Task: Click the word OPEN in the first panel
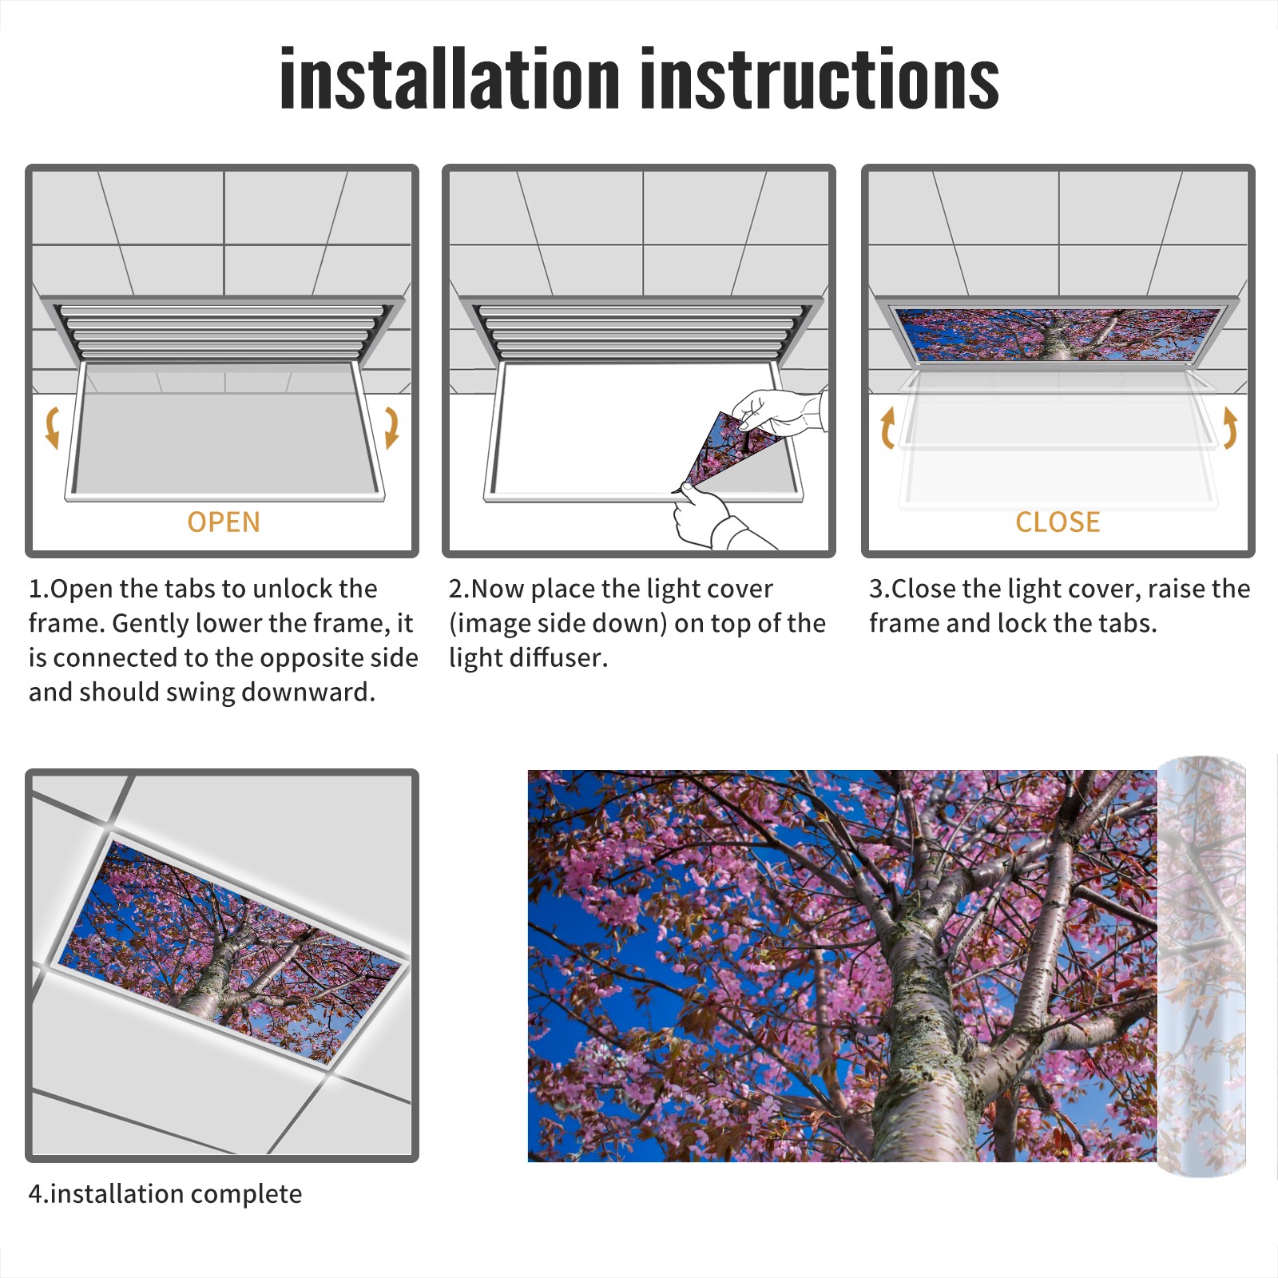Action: point(224,522)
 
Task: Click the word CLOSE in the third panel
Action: point(1058,522)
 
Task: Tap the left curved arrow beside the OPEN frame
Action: point(53,427)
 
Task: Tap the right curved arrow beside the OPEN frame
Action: point(391,427)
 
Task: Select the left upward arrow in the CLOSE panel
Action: point(887,427)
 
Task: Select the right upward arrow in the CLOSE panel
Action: point(1230,427)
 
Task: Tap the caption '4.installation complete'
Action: point(165,1194)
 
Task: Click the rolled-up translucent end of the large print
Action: point(1201,966)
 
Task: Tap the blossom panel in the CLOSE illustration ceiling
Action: point(1058,335)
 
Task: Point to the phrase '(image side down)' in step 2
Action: point(558,623)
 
